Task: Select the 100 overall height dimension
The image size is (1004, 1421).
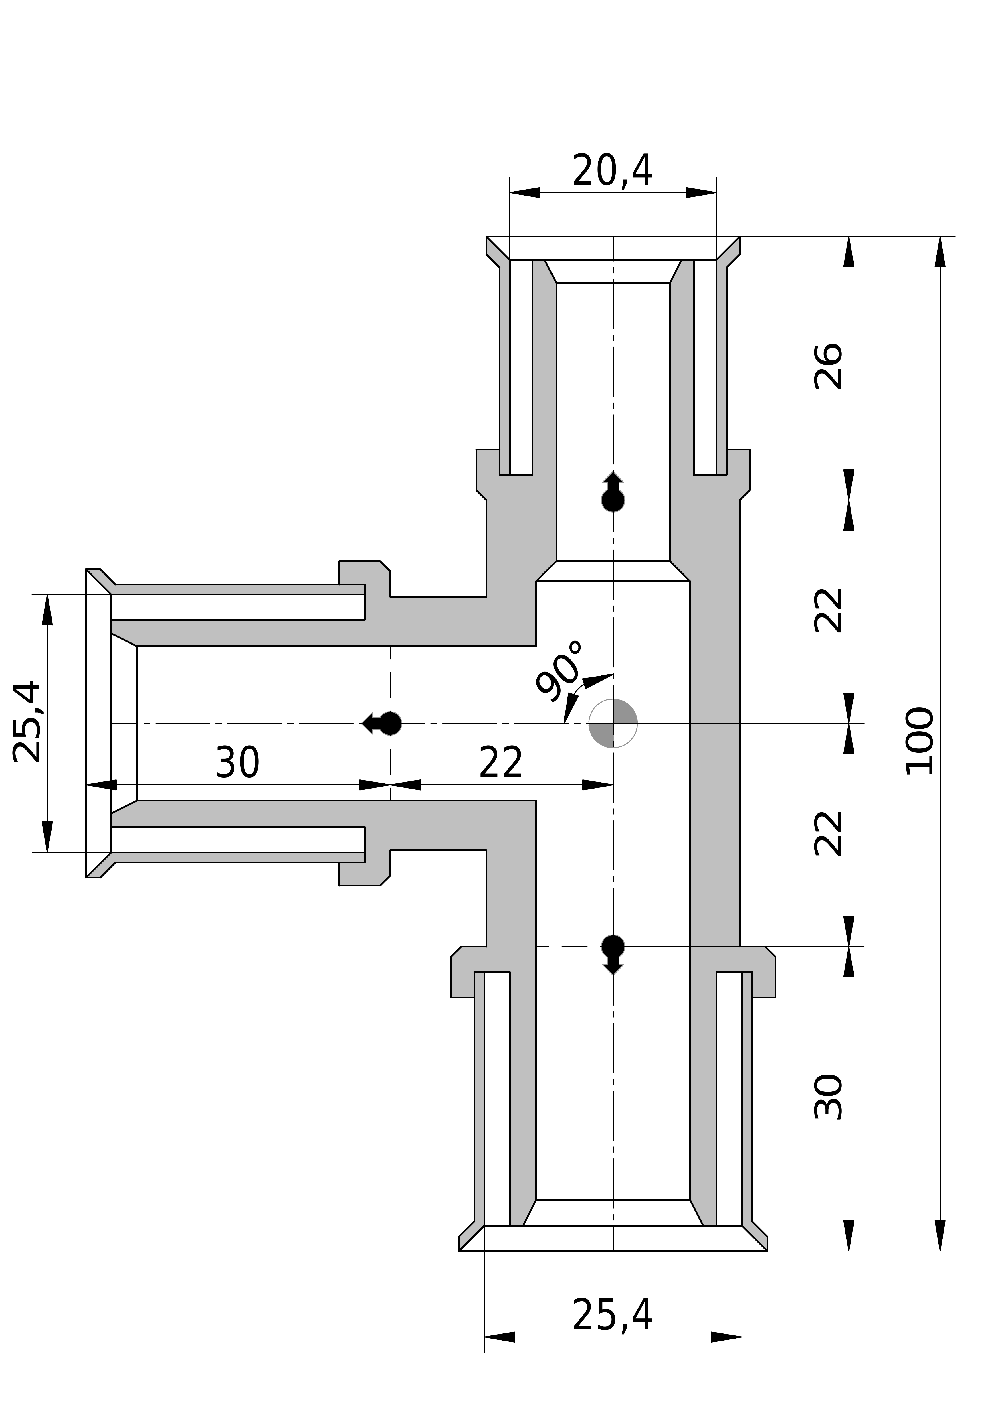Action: (x=920, y=741)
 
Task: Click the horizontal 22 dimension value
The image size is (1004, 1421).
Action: (x=501, y=763)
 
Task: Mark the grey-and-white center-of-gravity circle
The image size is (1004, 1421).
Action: (x=612, y=723)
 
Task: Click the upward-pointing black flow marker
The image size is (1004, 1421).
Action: (x=613, y=492)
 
